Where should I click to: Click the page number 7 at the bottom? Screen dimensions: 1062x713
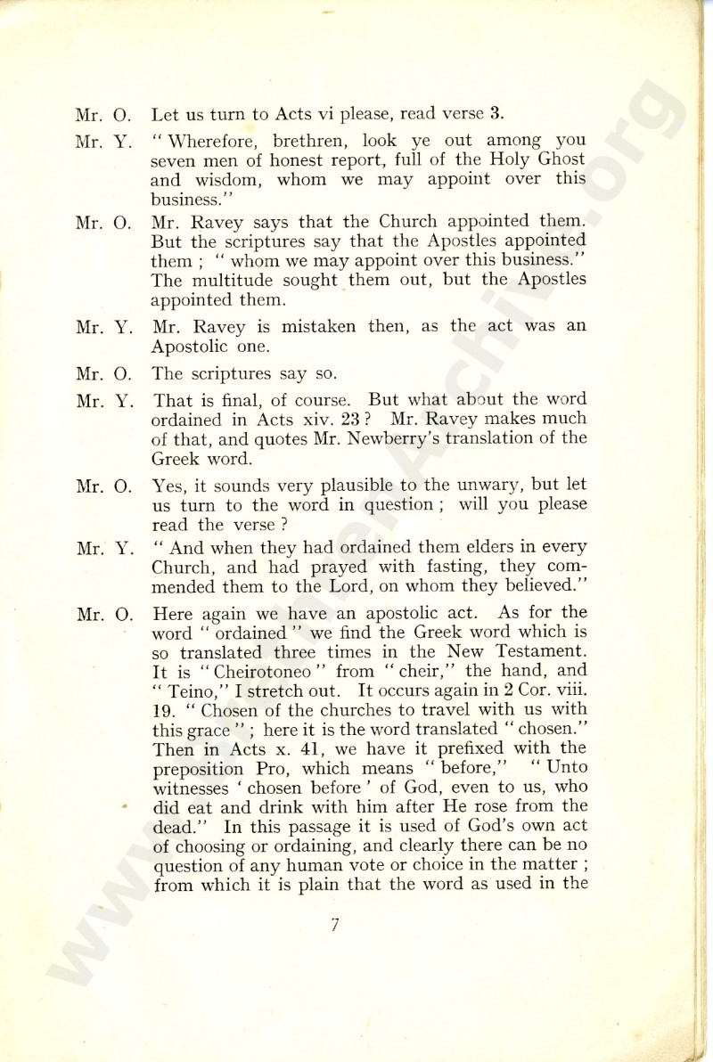[x=334, y=924]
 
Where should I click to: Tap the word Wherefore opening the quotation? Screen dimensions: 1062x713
[x=217, y=140]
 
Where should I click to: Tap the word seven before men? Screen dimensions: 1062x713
[x=173, y=159]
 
